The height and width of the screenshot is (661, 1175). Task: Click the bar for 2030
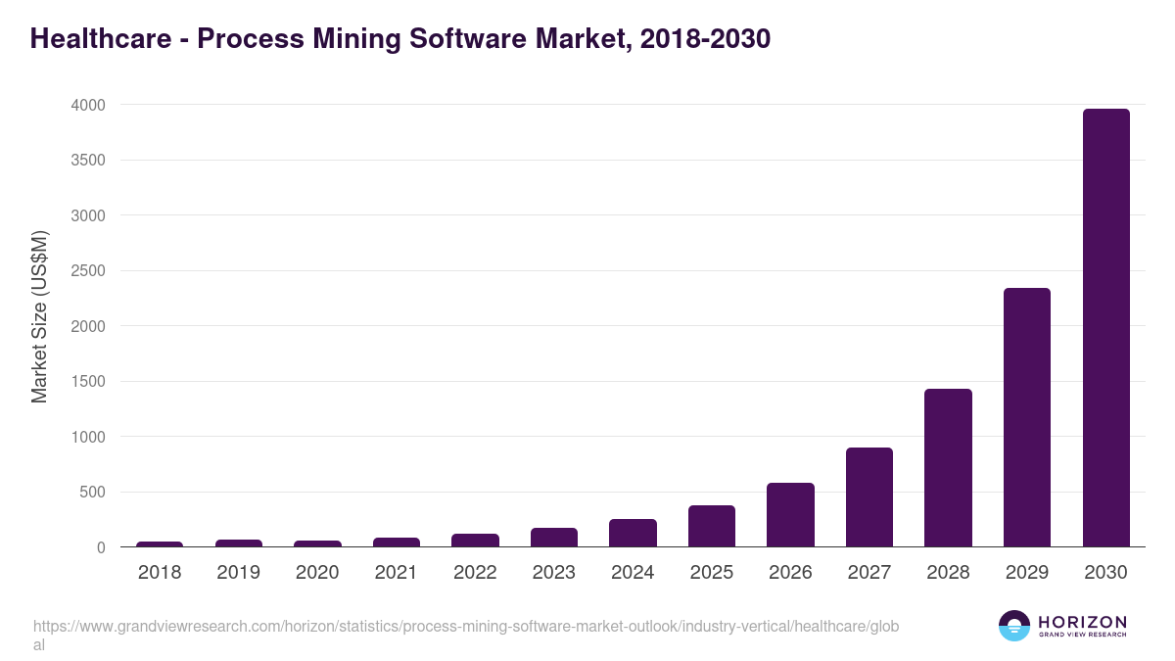[x=1105, y=328]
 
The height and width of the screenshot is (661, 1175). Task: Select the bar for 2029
[x=1026, y=417]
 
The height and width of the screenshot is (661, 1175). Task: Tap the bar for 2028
[x=948, y=468]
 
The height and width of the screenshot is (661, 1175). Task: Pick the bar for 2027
[x=869, y=497]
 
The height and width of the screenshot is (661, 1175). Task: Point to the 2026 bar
[x=790, y=515]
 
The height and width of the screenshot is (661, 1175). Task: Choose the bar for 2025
[x=712, y=526]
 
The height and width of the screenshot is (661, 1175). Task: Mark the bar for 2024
[x=633, y=533]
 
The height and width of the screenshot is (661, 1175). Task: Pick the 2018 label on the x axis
[x=160, y=573]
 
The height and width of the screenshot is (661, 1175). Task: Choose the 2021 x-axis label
[x=396, y=573]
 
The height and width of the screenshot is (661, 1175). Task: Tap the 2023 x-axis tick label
[x=553, y=573]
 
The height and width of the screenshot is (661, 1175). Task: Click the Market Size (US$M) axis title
[x=39, y=316]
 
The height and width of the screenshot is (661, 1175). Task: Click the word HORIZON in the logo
[x=1082, y=622]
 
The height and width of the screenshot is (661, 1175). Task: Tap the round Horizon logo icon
[x=1014, y=626]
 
